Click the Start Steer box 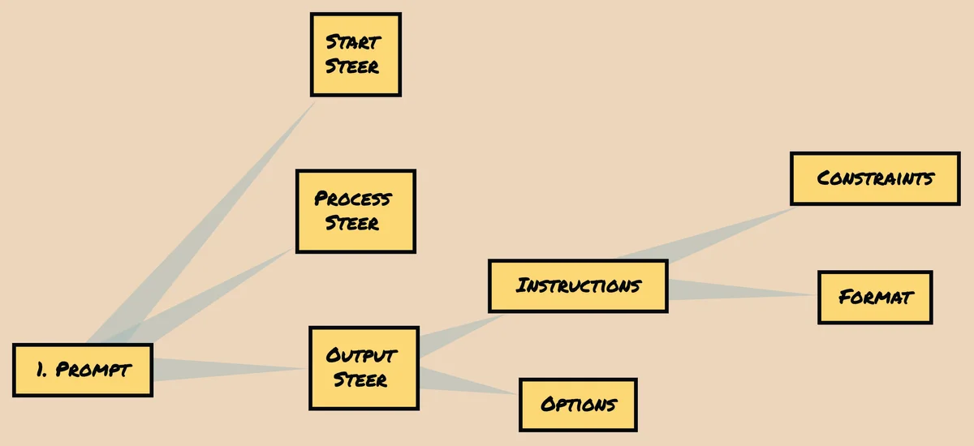356,54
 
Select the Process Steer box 355,211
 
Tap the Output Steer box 364,368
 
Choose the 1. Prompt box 83,371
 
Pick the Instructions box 578,286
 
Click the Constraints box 875,178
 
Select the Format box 875,297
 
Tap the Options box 578,405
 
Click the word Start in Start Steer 353,42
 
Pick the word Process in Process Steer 353,199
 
